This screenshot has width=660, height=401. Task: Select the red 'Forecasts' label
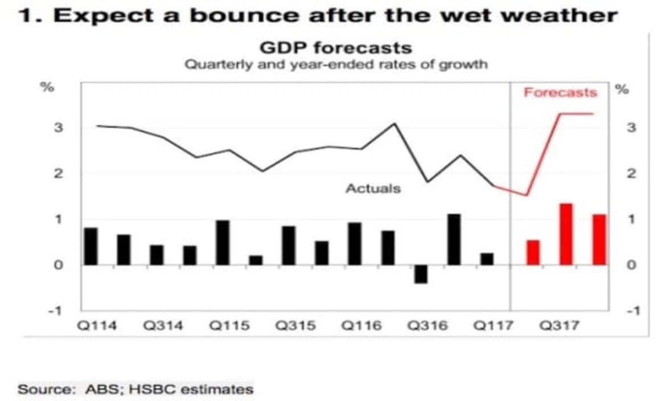560,92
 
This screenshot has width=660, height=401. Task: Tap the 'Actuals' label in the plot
373,189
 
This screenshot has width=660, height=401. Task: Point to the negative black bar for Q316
420,274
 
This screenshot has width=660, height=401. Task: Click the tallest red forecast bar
566,234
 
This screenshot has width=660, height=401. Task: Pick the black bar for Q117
487,259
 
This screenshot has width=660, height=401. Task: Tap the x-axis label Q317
560,326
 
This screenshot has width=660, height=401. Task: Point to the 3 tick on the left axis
57,128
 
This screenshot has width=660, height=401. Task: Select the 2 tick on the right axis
630,174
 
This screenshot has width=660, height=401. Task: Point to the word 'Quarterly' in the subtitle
217,64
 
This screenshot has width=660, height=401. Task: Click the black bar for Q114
91,247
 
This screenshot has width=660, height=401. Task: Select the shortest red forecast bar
533,253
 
